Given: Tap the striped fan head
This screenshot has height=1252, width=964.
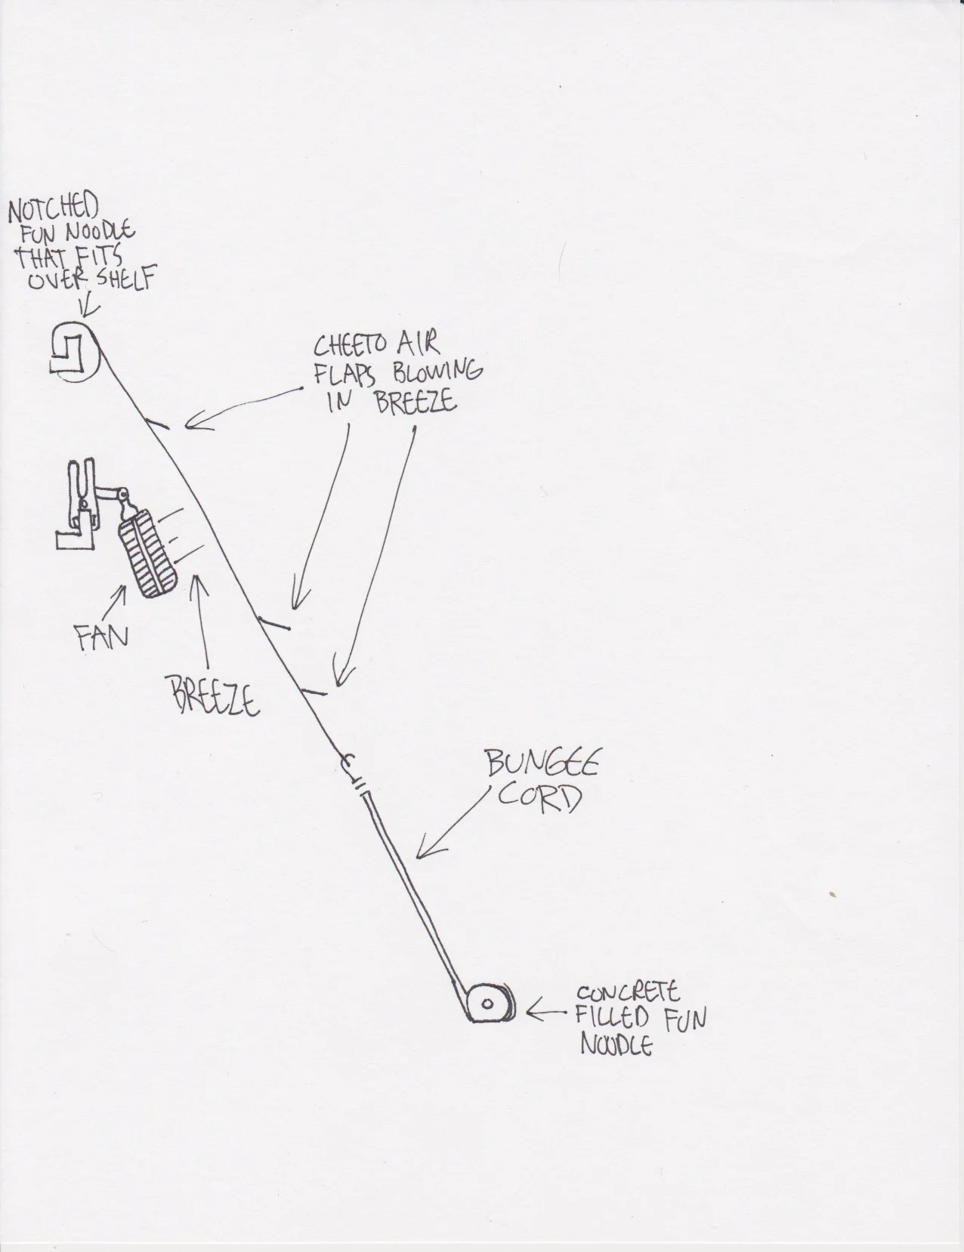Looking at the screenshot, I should [x=149, y=556].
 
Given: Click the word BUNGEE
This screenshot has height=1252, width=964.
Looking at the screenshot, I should [x=542, y=765].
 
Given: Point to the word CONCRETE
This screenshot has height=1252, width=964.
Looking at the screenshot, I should [x=626, y=991].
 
